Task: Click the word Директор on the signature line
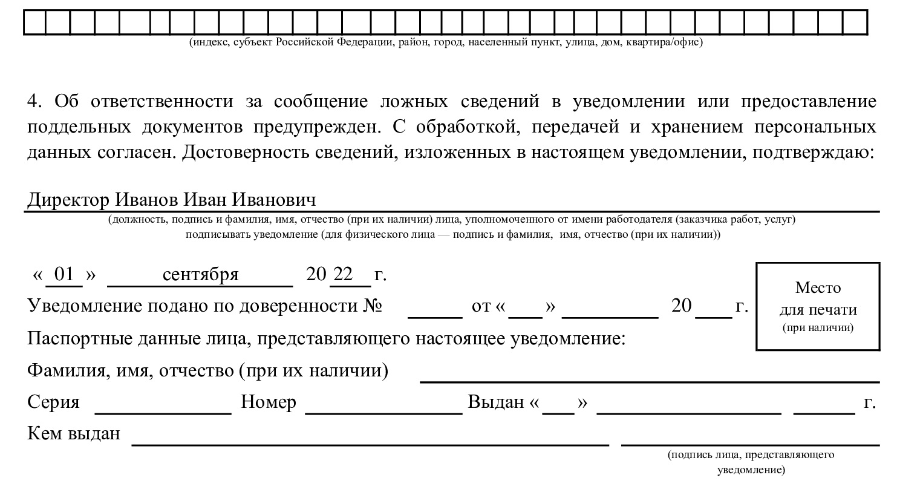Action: click(x=68, y=200)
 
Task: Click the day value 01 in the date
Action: click(x=64, y=275)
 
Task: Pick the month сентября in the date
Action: click(x=200, y=275)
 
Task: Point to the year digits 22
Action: click(x=343, y=275)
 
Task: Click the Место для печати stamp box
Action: click(x=818, y=306)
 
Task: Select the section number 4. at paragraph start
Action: click(x=34, y=101)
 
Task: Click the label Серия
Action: click(x=53, y=402)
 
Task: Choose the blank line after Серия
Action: click(x=163, y=412)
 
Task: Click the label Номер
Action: click(x=269, y=402)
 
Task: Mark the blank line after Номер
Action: click(x=383, y=412)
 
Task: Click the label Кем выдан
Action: click(x=74, y=434)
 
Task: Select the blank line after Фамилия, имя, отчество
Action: click(x=650, y=380)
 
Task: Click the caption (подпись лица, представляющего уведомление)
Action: click(x=751, y=462)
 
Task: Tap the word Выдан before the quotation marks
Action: click(x=496, y=402)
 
